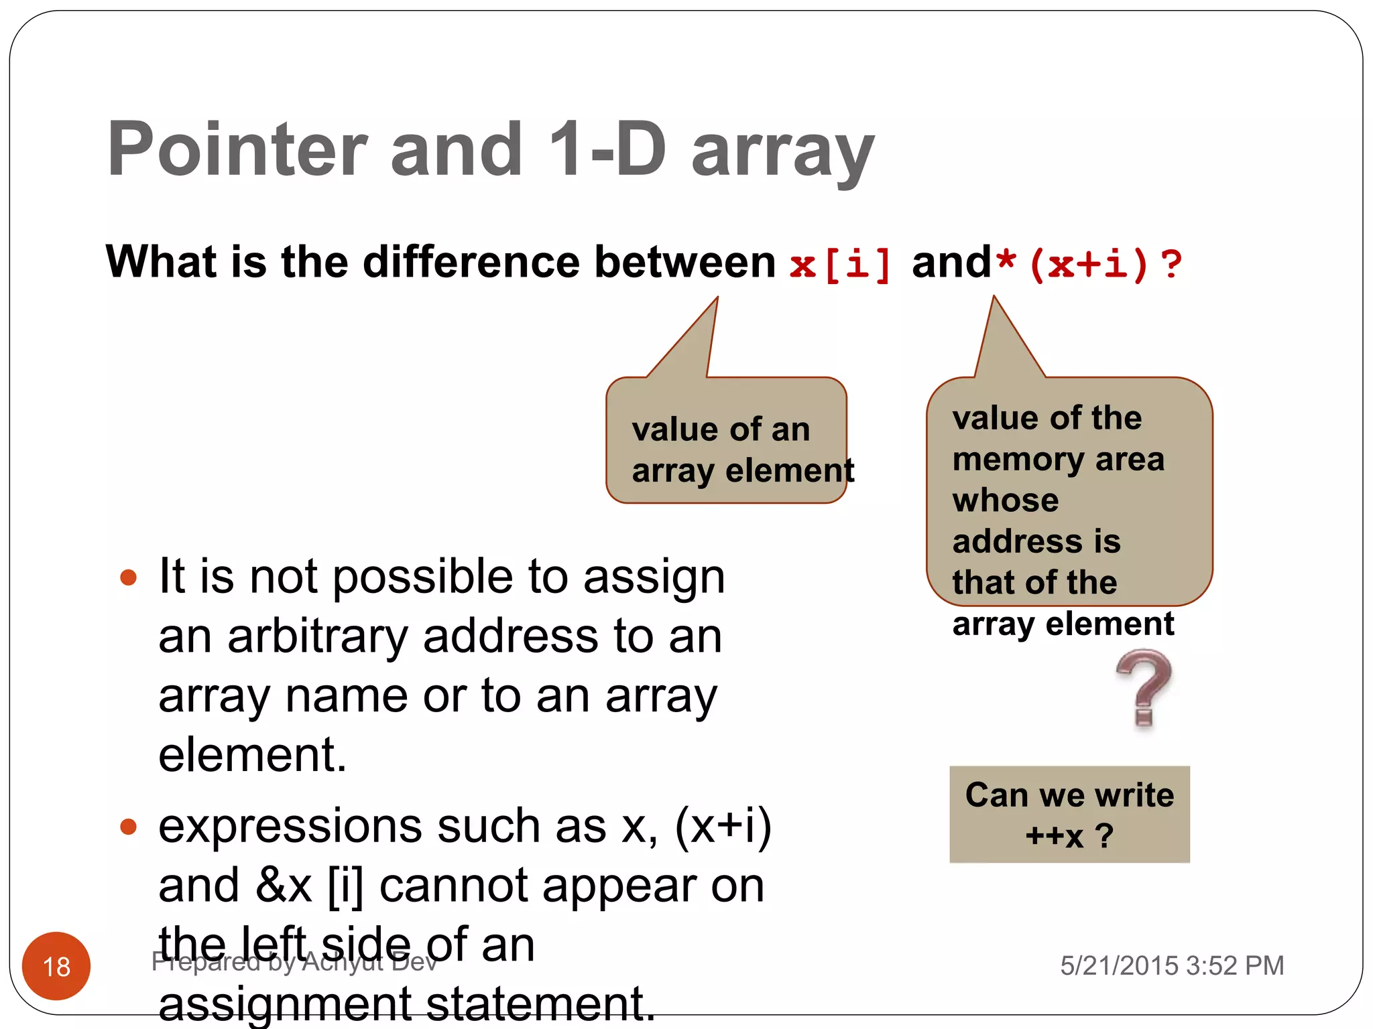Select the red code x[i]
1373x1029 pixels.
[841, 263]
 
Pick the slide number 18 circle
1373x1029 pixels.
[56, 965]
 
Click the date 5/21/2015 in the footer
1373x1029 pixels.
[1119, 965]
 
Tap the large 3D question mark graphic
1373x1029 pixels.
[1144, 687]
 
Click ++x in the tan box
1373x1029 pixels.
[1054, 835]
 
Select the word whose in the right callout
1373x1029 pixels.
[1006, 500]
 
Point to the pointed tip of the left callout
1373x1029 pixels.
[717, 299]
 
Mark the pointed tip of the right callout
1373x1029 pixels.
[994, 297]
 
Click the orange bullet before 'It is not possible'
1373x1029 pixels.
[128, 577]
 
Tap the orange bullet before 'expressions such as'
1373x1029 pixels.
[128, 827]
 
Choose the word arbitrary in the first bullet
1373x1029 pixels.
[317, 636]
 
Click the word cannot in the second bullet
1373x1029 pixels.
[453, 886]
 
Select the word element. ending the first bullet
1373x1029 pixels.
[253, 755]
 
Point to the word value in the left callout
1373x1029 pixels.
[672, 429]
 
